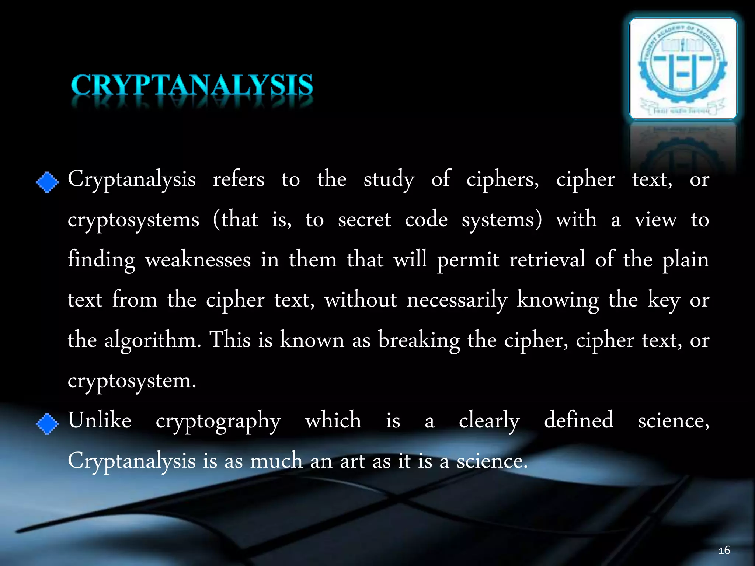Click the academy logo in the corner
(683, 69)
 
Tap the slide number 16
(724, 551)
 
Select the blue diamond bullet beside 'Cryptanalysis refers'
(47, 182)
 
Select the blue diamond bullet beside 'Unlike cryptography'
(47, 424)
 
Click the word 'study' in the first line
(389, 180)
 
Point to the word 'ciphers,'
(502, 180)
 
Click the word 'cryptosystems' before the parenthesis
(133, 220)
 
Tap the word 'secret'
(364, 220)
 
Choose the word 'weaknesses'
(198, 260)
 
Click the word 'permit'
(468, 260)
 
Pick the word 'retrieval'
(547, 259)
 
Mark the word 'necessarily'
(457, 300)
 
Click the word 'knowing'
(558, 300)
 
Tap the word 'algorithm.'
(153, 340)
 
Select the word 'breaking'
(419, 340)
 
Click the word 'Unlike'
(100, 420)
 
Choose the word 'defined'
(578, 420)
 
